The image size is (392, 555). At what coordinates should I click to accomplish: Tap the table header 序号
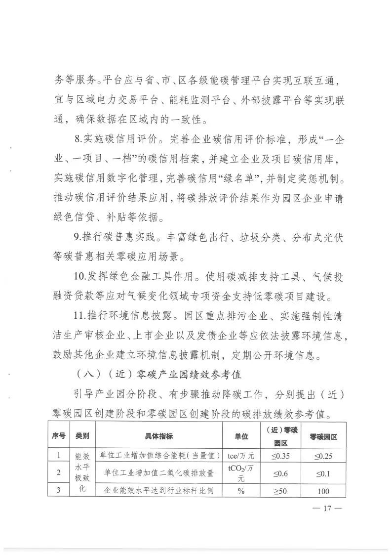click(59, 436)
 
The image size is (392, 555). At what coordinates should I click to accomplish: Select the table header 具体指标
click(158, 436)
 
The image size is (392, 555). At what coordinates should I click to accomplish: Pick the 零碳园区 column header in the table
click(323, 436)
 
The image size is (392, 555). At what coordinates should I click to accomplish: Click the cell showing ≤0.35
click(280, 456)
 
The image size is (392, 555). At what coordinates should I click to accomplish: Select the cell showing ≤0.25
click(323, 456)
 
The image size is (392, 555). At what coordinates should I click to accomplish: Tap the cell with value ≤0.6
click(280, 473)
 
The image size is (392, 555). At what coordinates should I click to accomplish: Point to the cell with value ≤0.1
click(323, 473)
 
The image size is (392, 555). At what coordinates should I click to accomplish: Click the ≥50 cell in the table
click(280, 491)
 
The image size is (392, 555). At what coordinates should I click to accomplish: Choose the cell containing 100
click(323, 491)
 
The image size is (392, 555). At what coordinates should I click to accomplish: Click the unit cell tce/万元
click(241, 456)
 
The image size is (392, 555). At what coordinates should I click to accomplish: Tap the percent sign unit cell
click(241, 491)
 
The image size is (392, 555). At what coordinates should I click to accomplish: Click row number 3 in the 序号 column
click(59, 491)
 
